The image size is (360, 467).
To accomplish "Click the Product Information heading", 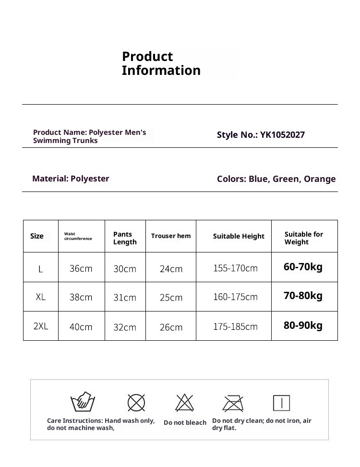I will tap(161, 63).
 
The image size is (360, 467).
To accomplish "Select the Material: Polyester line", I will tap(71, 179).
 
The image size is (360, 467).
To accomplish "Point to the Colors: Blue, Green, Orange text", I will tap(276, 179).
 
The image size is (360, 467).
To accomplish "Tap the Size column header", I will tap(37, 236).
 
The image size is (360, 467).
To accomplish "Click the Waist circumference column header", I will tap(78, 236).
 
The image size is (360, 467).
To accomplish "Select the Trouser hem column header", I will tap(171, 236).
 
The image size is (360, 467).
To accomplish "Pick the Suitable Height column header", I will tap(239, 236).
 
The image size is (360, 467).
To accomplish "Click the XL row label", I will tap(41, 297).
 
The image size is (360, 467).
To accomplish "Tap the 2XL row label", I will tap(41, 326).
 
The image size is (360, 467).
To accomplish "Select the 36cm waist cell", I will tap(81, 269).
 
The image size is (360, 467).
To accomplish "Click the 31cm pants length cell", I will tap(125, 298).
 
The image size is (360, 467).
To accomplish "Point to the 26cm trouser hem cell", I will tap(171, 327).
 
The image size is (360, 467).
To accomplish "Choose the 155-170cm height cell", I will tap(235, 268).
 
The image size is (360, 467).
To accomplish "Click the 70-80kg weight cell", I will tap(303, 296).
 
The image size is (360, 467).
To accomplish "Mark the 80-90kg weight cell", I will tap(303, 325).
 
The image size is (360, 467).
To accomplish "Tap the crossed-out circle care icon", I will tap(136, 403).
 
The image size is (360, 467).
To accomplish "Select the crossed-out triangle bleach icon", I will tap(184, 403).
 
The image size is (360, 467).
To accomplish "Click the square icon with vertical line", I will tap(281, 403).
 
